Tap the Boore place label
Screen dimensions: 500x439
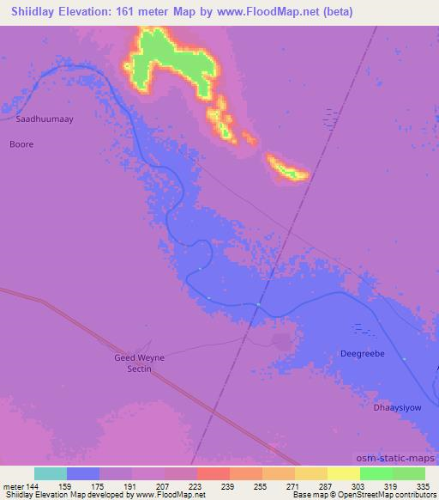pyautogui.click(x=21, y=144)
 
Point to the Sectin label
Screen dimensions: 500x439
pyautogui.click(x=138, y=369)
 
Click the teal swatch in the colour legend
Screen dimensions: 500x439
pyautogui.click(x=51, y=473)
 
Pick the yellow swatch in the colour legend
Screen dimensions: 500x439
pyautogui.click(x=344, y=473)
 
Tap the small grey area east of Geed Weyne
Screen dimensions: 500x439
pyautogui.click(x=280, y=341)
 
